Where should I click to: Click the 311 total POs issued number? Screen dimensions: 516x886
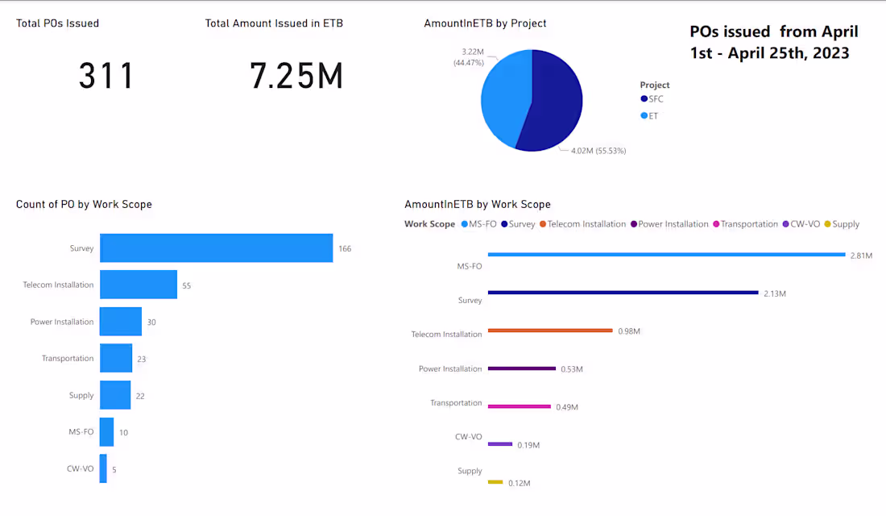(106, 76)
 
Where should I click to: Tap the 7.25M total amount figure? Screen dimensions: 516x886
(296, 76)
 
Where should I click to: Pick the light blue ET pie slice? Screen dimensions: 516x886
(503, 97)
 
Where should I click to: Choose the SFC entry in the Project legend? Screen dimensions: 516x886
(656, 98)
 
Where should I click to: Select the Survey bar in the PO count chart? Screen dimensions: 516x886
(216, 248)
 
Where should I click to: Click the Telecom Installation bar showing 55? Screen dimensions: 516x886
(138, 285)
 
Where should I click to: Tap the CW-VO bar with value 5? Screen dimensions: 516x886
(103, 468)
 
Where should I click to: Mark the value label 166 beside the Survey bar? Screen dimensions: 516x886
(345, 248)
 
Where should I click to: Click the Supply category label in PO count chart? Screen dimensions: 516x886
(81, 395)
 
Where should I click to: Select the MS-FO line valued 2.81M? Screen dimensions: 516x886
(666, 255)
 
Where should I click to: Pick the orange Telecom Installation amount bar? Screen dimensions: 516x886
(550, 330)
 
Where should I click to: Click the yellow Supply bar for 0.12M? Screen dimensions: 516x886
(495, 482)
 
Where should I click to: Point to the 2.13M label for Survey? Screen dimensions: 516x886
(775, 293)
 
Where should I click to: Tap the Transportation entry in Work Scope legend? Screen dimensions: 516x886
(749, 224)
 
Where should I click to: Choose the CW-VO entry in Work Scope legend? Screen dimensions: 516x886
(804, 224)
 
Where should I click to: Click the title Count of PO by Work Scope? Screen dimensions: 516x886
(84, 204)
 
